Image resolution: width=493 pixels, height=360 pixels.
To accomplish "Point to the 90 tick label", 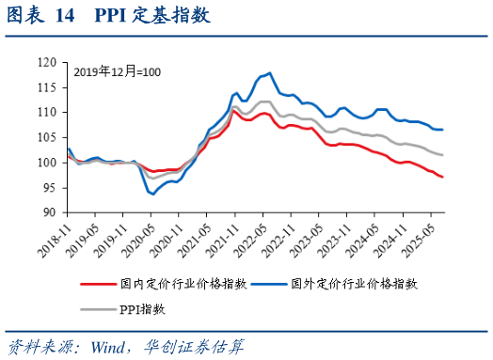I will pyautogui.click(x=50, y=212).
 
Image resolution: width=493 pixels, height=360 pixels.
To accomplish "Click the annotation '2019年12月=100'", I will pyautogui.click(x=117, y=71).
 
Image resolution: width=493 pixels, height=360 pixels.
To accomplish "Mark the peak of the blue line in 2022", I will pyautogui.click(x=270, y=72).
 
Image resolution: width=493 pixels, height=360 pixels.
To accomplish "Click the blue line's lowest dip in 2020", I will pyautogui.click(x=152, y=194).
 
